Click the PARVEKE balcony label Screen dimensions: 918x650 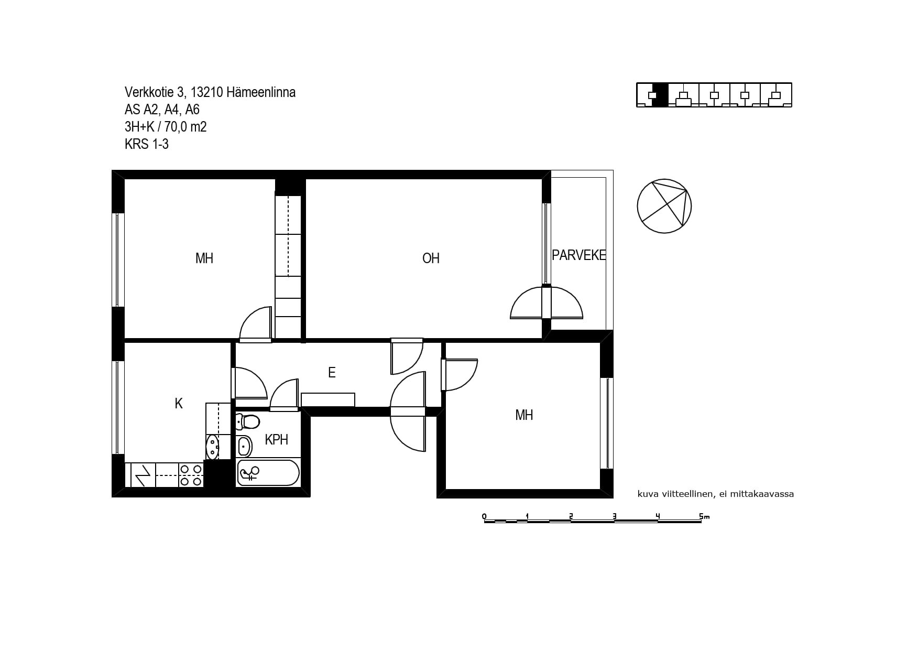[x=579, y=255]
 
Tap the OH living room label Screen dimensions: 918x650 [x=431, y=258]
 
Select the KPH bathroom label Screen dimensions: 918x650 [x=277, y=439]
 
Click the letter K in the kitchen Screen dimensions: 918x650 [x=179, y=403]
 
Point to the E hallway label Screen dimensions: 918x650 [x=332, y=372]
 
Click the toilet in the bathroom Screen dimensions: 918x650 [x=247, y=421]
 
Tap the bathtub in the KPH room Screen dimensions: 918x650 [x=268, y=473]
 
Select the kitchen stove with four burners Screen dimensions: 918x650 [x=191, y=475]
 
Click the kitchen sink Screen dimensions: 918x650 [x=213, y=447]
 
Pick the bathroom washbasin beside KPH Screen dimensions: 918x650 [x=244, y=446]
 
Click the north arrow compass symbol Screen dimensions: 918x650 [x=664, y=206]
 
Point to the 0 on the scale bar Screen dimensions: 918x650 [x=484, y=517]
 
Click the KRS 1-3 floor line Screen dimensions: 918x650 [x=147, y=144]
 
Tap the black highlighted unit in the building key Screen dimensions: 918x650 [x=660, y=95]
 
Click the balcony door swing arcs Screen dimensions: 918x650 [x=547, y=302]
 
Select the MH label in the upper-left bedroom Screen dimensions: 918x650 [x=204, y=258]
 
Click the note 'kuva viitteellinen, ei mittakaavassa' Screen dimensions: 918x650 [x=715, y=494]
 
